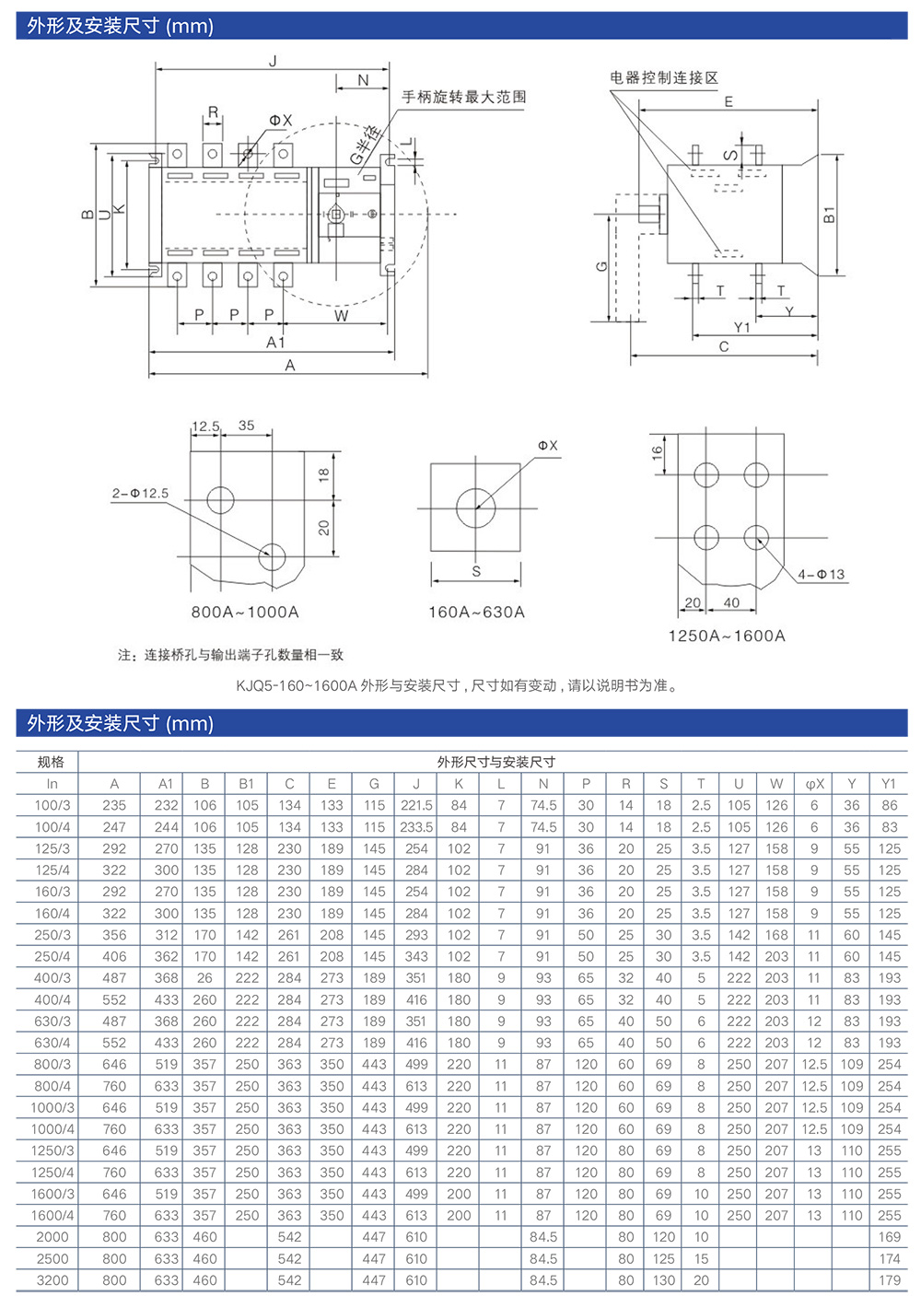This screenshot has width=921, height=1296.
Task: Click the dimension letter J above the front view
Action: click(x=273, y=62)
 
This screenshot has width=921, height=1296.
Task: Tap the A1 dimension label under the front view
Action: click(x=275, y=343)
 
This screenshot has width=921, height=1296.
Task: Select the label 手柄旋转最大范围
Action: click(x=464, y=97)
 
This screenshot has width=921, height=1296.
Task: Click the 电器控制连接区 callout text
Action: click(x=663, y=77)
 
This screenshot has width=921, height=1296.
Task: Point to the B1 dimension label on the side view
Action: click(x=829, y=215)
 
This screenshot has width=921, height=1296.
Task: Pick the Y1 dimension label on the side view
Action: click(x=741, y=327)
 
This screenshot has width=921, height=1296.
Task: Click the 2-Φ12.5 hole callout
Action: click(x=141, y=494)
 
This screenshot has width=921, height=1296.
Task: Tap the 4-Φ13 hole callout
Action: click(x=821, y=575)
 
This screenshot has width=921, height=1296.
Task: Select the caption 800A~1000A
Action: click(x=245, y=613)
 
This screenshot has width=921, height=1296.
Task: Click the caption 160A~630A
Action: click(x=476, y=613)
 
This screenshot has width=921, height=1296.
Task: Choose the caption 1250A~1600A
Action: click(x=727, y=636)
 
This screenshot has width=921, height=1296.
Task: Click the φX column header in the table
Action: click(x=814, y=784)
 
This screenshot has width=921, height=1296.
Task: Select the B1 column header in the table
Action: click(x=246, y=784)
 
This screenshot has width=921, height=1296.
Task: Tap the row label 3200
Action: click(x=52, y=1280)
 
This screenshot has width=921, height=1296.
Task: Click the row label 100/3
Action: click(x=52, y=805)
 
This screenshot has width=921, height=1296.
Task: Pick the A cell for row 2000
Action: click(x=114, y=1237)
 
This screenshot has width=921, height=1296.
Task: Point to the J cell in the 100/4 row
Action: click(x=416, y=827)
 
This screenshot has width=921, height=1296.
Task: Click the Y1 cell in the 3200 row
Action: click(x=889, y=1280)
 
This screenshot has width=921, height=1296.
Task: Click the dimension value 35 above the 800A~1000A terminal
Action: click(x=246, y=426)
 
